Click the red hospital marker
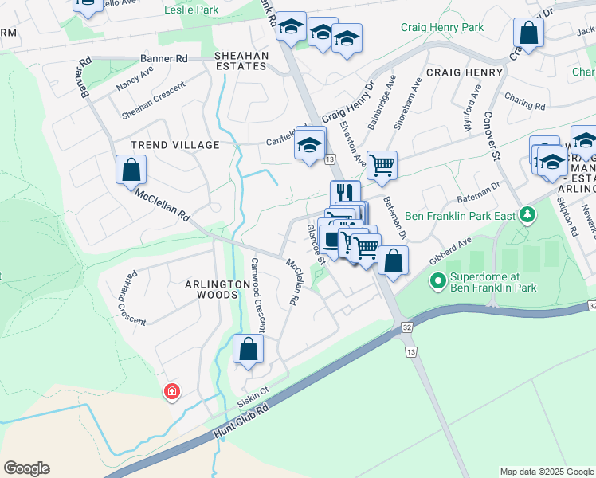[x=171, y=391]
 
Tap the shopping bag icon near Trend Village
[x=131, y=170]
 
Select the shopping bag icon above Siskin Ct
[x=248, y=350]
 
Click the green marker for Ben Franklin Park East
[x=526, y=214]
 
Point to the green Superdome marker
[x=437, y=280]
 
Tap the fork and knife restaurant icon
[x=345, y=193]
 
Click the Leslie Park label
[x=190, y=10]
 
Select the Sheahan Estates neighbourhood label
[x=241, y=61]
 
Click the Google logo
[x=26, y=468]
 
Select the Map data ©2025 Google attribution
[x=546, y=472]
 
